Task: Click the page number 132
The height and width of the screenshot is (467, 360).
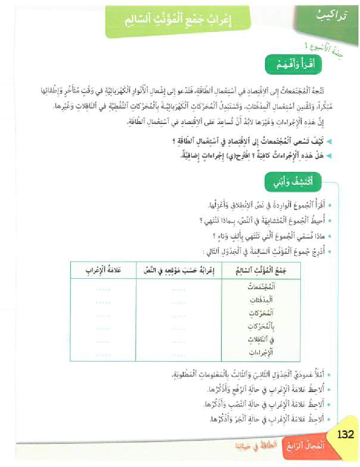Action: point(345,435)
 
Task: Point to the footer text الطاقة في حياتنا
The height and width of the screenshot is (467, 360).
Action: point(255,446)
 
